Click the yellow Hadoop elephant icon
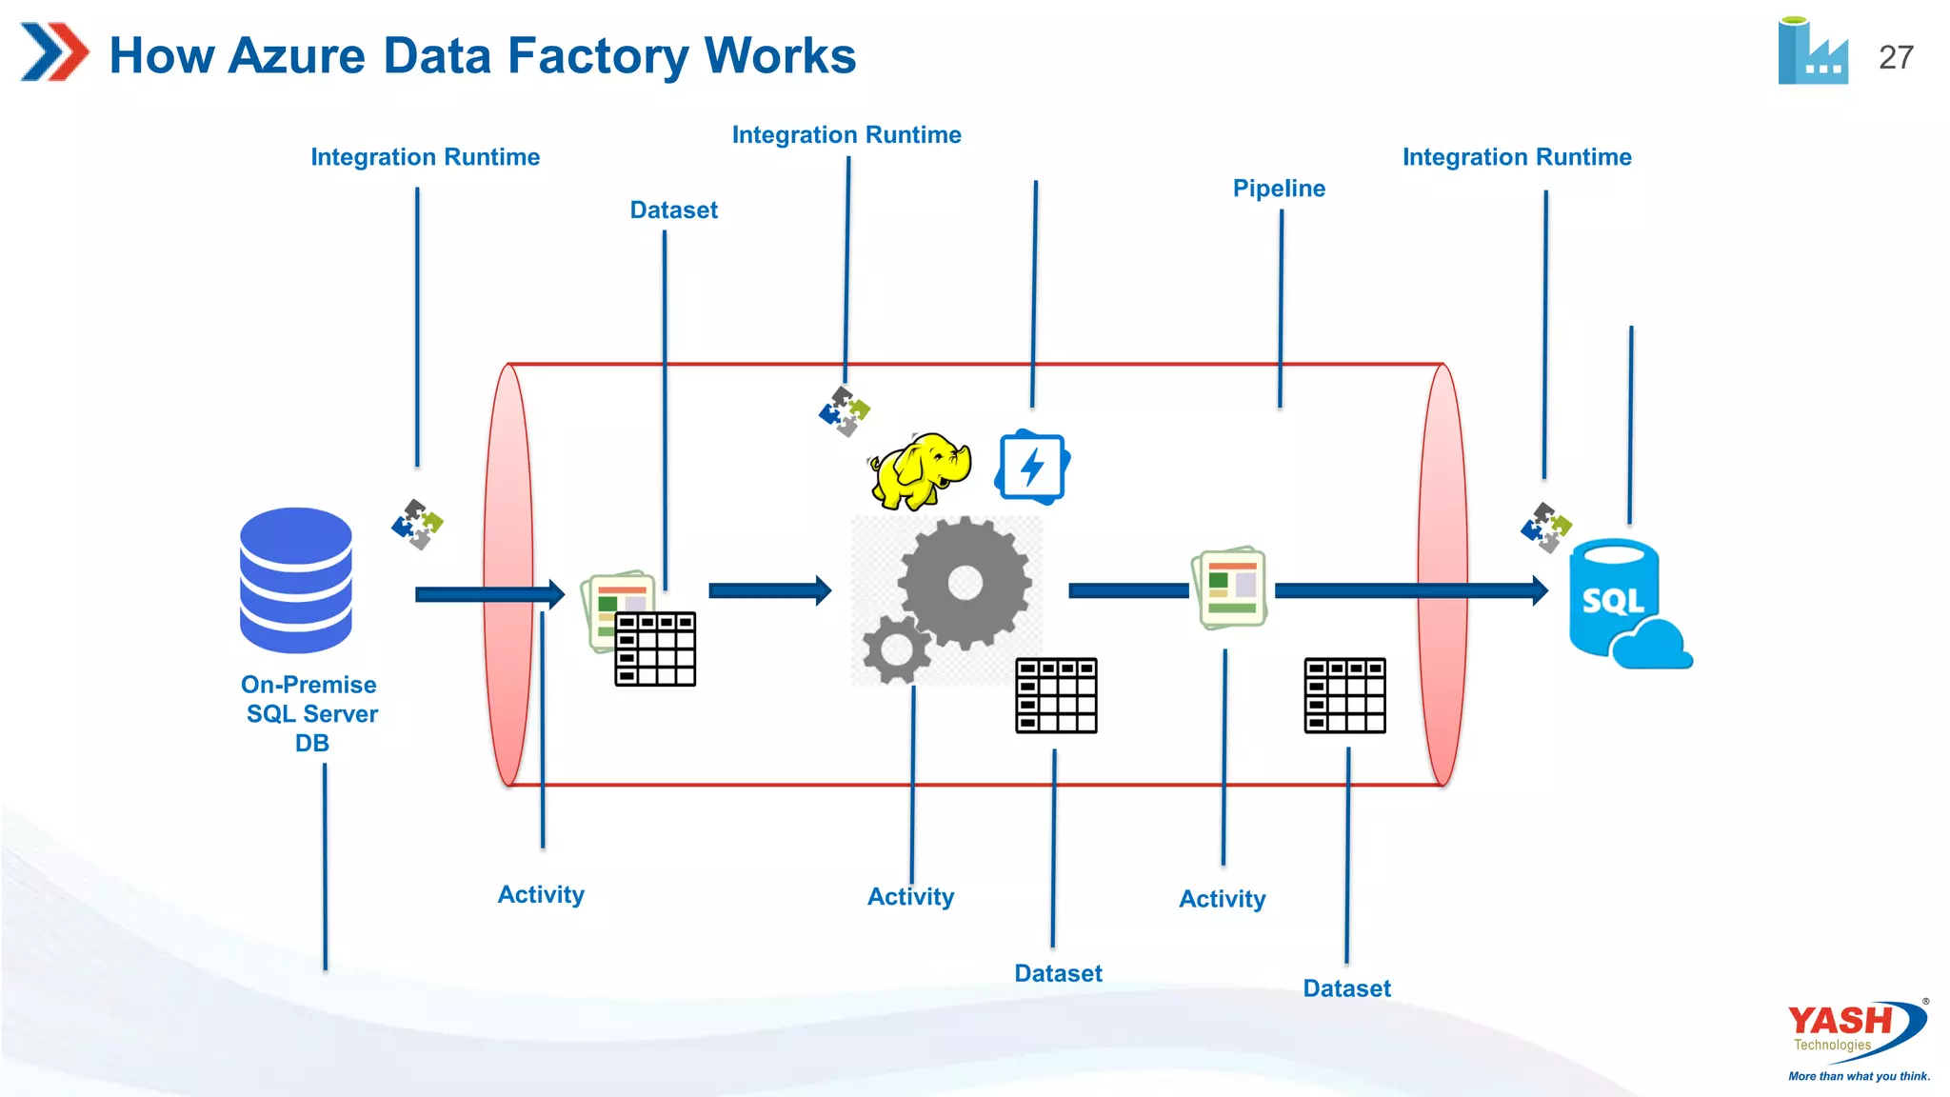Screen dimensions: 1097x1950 pyautogui.click(x=920, y=470)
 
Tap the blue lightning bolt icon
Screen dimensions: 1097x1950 pyautogui.click(x=1032, y=467)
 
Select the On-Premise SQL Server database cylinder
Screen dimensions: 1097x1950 pyautogui.click(x=296, y=580)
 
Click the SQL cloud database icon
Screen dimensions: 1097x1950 pyautogui.click(x=1624, y=604)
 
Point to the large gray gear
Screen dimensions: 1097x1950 pyautogui.click(x=965, y=583)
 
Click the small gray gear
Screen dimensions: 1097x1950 pyautogui.click(x=896, y=649)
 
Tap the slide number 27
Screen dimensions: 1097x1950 pyautogui.click(x=1896, y=57)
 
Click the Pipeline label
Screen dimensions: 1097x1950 pyautogui.click(x=1279, y=189)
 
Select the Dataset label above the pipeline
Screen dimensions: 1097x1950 pyautogui.click(x=673, y=210)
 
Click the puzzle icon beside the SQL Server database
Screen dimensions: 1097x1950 pyautogui.click(x=417, y=524)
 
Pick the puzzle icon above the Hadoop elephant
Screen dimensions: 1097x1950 pyautogui.click(x=845, y=411)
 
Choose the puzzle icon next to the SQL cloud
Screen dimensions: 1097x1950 pyautogui.click(x=1545, y=528)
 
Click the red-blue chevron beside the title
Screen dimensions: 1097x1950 pyautogui.click(x=54, y=52)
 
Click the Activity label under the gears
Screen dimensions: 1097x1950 pyautogui.click(x=910, y=897)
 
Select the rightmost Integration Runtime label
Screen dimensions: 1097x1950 pyautogui.click(x=1517, y=157)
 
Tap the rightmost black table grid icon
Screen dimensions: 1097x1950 pyautogui.click(x=1344, y=696)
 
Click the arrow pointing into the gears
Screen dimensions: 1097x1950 pyautogui.click(x=769, y=590)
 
